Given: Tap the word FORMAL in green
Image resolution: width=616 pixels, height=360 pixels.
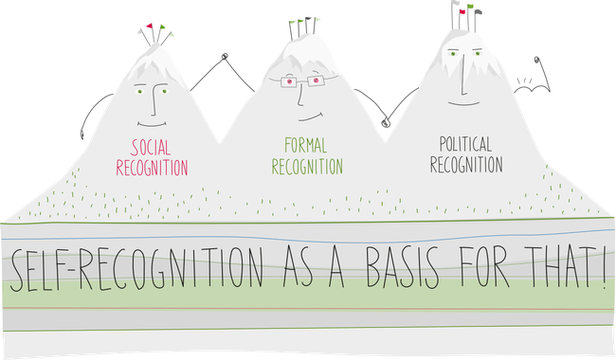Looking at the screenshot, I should tap(307, 146).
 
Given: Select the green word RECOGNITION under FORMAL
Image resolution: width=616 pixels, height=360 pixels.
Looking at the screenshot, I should tap(307, 167).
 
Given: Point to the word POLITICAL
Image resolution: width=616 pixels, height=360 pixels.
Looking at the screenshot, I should tap(465, 144).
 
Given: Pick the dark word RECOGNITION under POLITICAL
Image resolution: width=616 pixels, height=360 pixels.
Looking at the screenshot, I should tap(465, 165).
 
